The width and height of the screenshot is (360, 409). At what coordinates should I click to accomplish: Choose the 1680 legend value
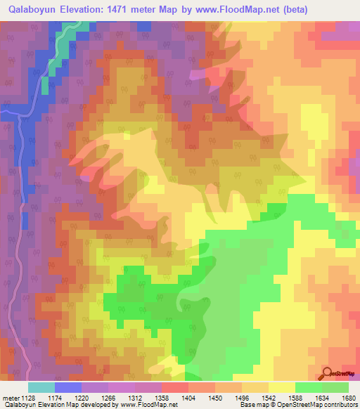coord(349,398)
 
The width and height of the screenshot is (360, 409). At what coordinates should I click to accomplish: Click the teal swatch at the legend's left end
coord(41,387)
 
